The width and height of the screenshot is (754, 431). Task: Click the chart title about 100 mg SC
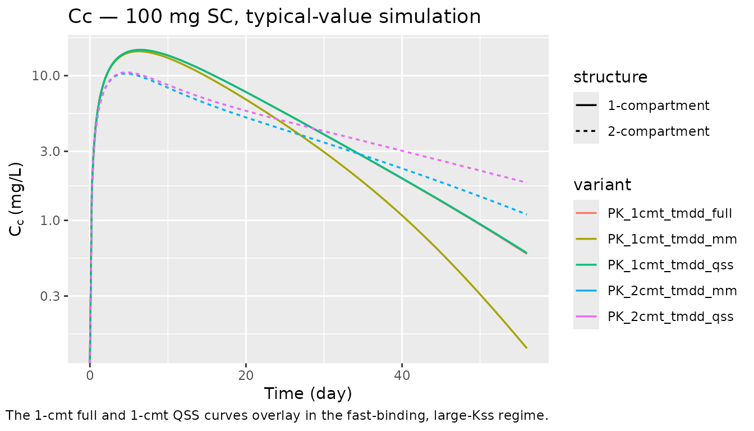pyautogui.click(x=274, y=17)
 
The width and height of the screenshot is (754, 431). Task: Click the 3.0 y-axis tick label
pyautogui.click(x=43, y=152)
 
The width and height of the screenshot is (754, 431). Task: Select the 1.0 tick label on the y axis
pyautogui.click(x=43, y=221)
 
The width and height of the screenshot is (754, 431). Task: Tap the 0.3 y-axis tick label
pyautogui.click(x=43, y=296)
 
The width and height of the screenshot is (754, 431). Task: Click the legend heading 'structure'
pyautogui.click(x=610, y=77)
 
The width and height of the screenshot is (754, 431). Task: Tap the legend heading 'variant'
pyautogui.click(x=602, y=185)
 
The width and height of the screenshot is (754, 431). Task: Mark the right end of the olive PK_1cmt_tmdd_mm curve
pyautogui.click(x=526, y=348)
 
